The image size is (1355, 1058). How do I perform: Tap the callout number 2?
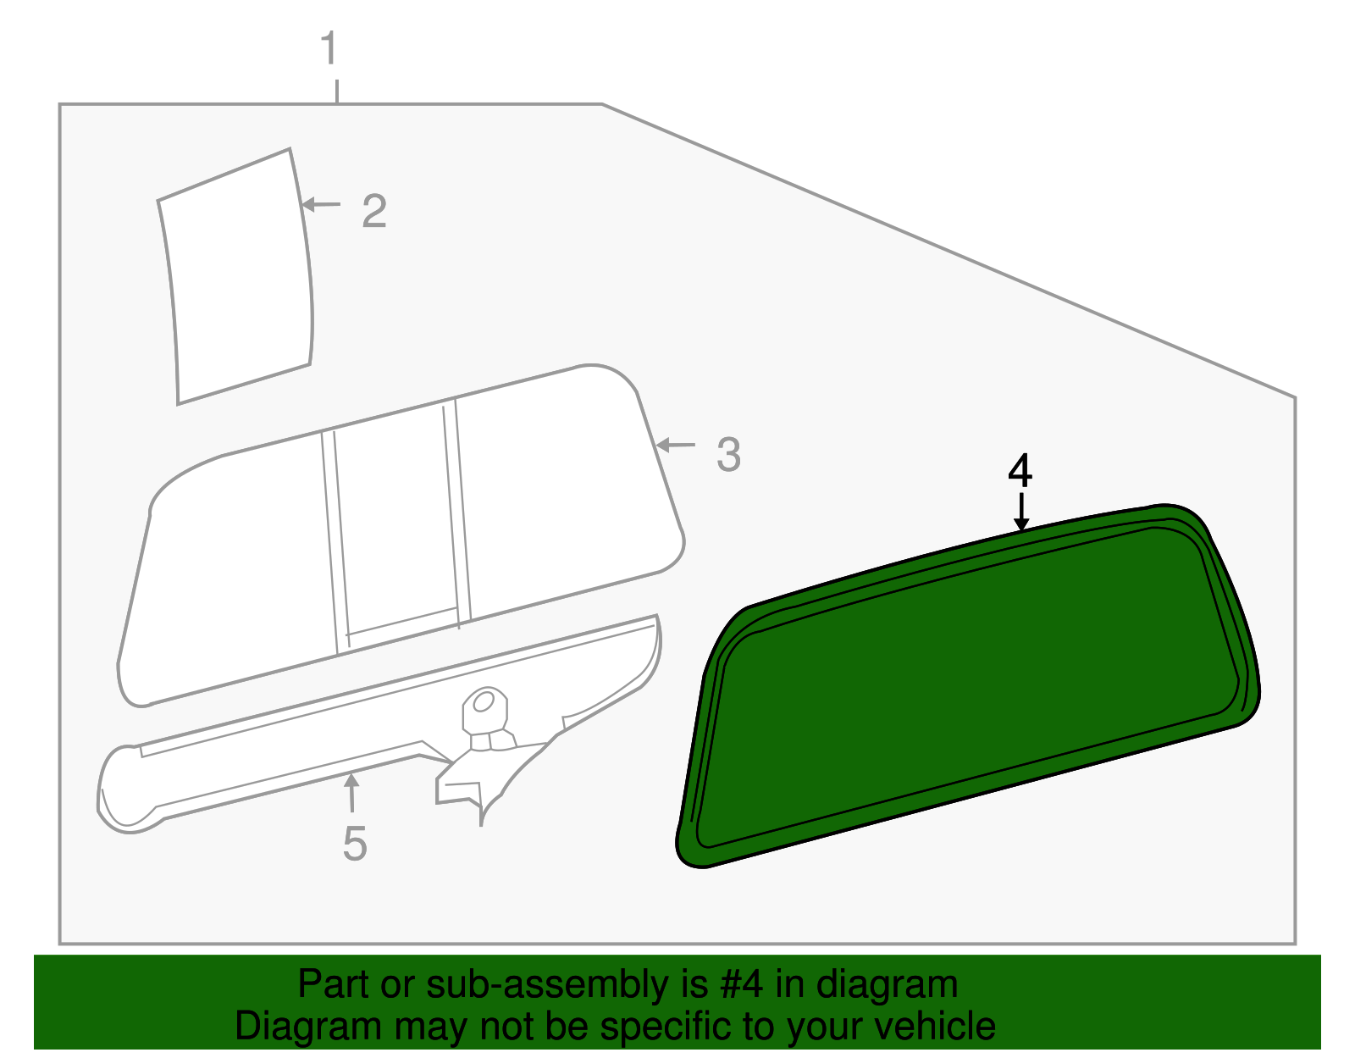[x=373, y=211]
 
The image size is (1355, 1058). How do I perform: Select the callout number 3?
[x=728, y=455]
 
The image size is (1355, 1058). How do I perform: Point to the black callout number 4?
[x=1020, y=471]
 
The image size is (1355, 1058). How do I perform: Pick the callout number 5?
[x=355, y=844]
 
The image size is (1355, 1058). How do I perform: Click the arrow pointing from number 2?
[x=321, y=204]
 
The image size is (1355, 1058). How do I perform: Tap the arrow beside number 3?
[x=675, y=445]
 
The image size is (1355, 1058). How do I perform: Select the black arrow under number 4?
[x=1022, y=512]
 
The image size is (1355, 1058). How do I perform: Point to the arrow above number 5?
[x=351, y=793]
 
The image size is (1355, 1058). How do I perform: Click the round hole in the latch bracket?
[x=484, y=702]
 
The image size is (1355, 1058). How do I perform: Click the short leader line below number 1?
[x=337, y=91]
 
